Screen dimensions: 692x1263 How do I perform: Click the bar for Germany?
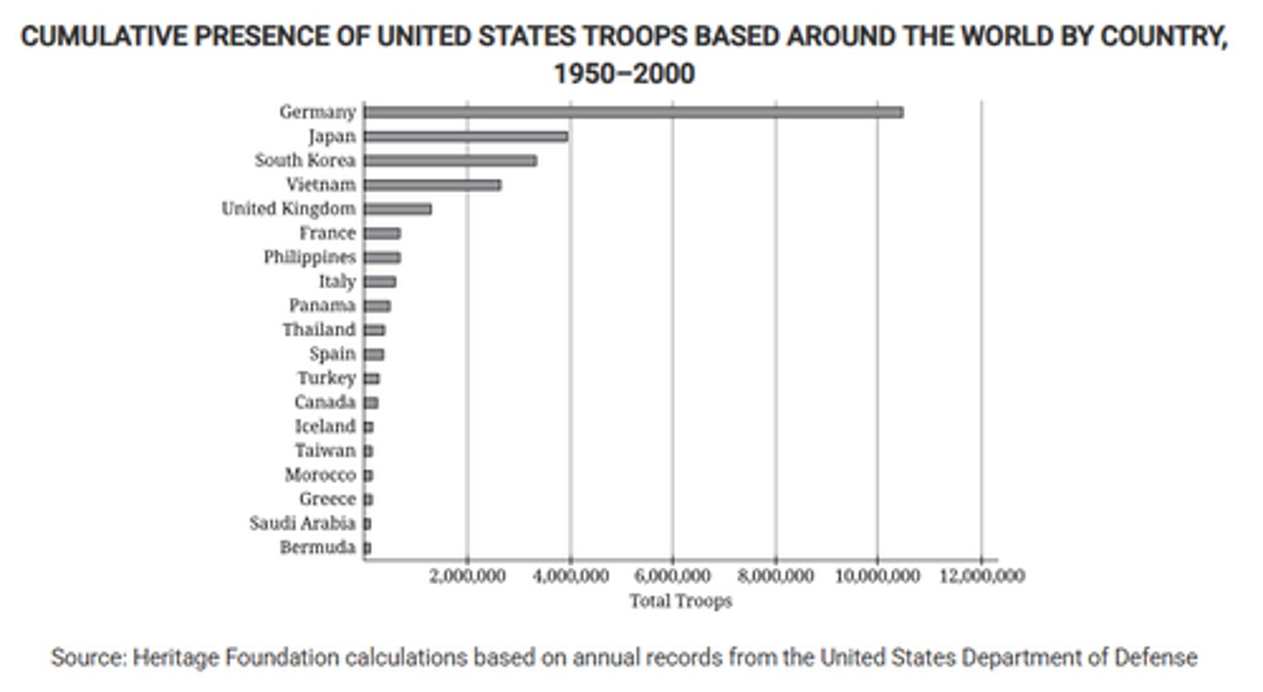coord(633,112)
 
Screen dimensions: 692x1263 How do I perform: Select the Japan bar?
coord(466,136)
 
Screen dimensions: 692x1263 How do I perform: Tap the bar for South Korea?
coord(450,161)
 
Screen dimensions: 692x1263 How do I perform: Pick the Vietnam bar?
coord(432,185)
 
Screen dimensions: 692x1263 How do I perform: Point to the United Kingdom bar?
coord(397,209)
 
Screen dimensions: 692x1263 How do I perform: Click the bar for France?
coord(382,233)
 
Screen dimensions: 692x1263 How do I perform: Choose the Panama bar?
coord(377,305)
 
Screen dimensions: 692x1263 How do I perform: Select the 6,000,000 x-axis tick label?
coord(672,576)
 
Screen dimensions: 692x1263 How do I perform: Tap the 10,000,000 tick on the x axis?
coord(875,576)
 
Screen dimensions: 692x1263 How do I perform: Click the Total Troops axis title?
coord(680,602)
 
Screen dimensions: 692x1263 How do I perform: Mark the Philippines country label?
coord(310,257)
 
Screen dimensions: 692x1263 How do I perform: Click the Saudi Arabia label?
coord(303,524)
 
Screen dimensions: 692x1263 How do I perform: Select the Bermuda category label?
coord(318,548)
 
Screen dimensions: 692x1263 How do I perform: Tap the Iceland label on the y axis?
coord(325,426)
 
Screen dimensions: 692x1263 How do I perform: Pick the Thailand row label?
coord(319,330)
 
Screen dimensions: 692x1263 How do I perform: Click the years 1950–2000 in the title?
coord(624,74)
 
